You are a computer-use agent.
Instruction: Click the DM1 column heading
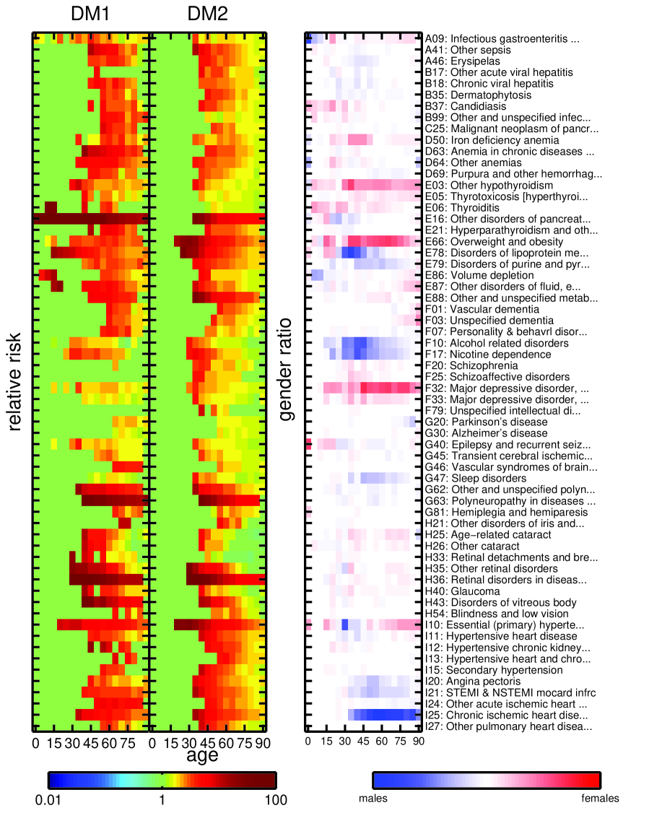(x=90, y=14)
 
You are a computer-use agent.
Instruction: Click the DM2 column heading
(x=208, y=14)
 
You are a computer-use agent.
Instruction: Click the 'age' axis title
(x=202, y=755)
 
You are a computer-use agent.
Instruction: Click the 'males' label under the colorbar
(x=373, y=799)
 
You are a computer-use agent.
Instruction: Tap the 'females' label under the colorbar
(x=600, y=799)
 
